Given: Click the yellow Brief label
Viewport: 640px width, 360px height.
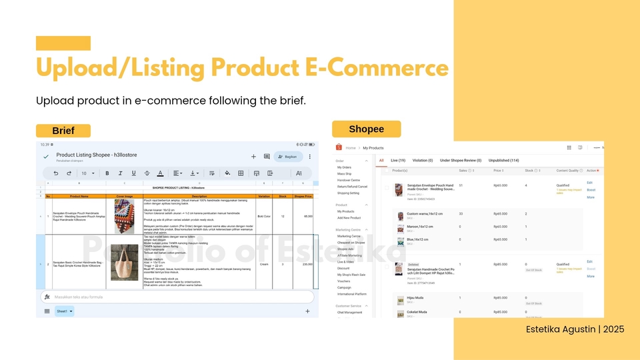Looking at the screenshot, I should pos(63,131).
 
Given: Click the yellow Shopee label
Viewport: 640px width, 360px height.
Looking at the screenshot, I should pos(367,129).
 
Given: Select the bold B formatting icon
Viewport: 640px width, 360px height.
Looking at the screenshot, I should pos(107,173).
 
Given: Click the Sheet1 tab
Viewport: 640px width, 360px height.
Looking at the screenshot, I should pos(64,311).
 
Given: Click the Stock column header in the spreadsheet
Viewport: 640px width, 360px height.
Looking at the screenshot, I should pos(283,196).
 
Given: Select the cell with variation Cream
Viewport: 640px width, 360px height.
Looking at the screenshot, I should pos(264,264).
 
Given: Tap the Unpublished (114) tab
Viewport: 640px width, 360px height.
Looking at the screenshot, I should pos(504,161).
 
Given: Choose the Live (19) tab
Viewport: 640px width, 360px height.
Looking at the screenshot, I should pos(398,161).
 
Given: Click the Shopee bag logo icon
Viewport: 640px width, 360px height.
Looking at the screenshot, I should pos(339,147).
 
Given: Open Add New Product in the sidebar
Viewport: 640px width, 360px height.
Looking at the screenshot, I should pos(349,218).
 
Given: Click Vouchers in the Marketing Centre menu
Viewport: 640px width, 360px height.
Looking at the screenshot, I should pos(343,281).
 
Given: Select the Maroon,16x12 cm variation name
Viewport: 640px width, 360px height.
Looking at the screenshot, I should pos(418,227).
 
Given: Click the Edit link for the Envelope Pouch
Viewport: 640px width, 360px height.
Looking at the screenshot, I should pos(589,183).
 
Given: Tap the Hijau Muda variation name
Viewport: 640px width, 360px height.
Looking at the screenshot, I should pos(415,299).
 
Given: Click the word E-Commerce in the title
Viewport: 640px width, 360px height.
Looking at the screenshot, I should pos(377,69).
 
